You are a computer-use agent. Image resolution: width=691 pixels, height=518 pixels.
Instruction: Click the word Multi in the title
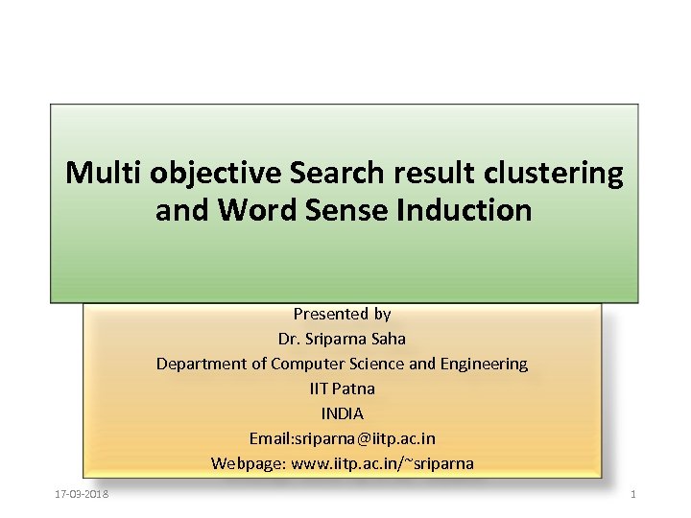(95, 174)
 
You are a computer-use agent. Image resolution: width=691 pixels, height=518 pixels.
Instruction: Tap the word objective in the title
(203, 174)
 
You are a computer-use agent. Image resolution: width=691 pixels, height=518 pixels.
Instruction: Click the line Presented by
(343, 314)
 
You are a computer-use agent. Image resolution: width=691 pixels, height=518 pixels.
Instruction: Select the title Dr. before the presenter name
(289, 339)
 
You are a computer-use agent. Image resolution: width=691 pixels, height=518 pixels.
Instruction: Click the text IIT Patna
(343, 388)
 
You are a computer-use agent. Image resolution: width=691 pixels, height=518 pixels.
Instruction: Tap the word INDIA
(343, 413)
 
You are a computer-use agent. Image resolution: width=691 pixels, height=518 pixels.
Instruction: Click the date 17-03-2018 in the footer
(82, 494)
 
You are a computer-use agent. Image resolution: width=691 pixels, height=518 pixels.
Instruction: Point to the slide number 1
(633, 494)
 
